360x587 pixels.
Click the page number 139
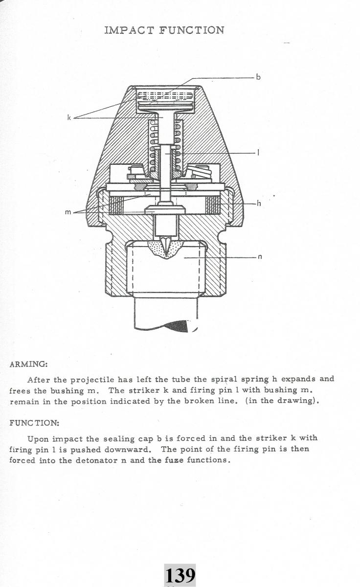[x=180, y=575]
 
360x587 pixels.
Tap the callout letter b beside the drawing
[x=258, y=77]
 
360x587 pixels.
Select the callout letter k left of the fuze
[x=69, y=117]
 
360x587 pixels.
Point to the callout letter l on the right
[x=258, y=153]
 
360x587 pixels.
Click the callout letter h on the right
[x=259, y=203]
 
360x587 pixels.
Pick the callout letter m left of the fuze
[x=68, y=212]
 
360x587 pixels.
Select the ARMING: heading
[x=28, y=364]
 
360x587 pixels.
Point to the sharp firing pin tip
[x=168, y=252]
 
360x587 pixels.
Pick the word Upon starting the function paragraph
[x=38, y=438]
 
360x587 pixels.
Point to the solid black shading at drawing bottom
[x=179, y=326]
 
